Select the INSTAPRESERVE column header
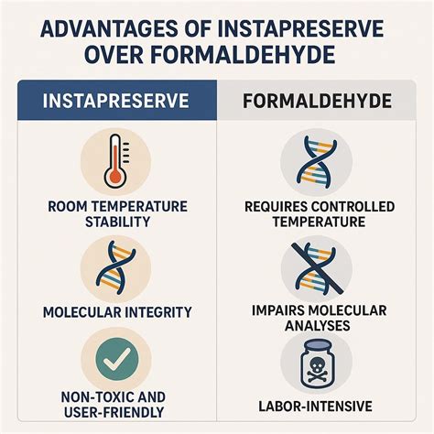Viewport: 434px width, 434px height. [116, 102]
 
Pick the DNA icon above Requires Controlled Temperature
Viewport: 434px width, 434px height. [317, 162]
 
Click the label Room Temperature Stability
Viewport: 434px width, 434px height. [117, 213]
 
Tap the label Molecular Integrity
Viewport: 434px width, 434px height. [117, 312]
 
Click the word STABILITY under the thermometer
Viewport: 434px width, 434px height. [117, 222]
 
